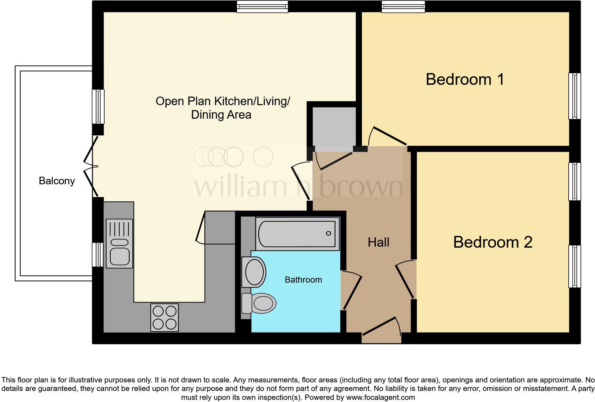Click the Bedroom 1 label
coord(465,79)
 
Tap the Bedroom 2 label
coord(493,242)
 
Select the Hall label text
coord(378,242)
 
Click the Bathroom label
coord(303,280)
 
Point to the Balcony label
coord(57,181)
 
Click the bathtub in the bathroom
coord(297,233)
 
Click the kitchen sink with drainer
coord(120,243)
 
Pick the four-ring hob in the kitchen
coord(164,317)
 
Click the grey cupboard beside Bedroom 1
coord(334,127)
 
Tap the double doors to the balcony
coord(91,166)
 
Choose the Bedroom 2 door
coord(405,280)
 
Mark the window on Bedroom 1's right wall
coord(574,96)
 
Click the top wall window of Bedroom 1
coord(403,6)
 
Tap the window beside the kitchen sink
coord(98,254)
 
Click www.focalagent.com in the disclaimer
coord(380,397)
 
